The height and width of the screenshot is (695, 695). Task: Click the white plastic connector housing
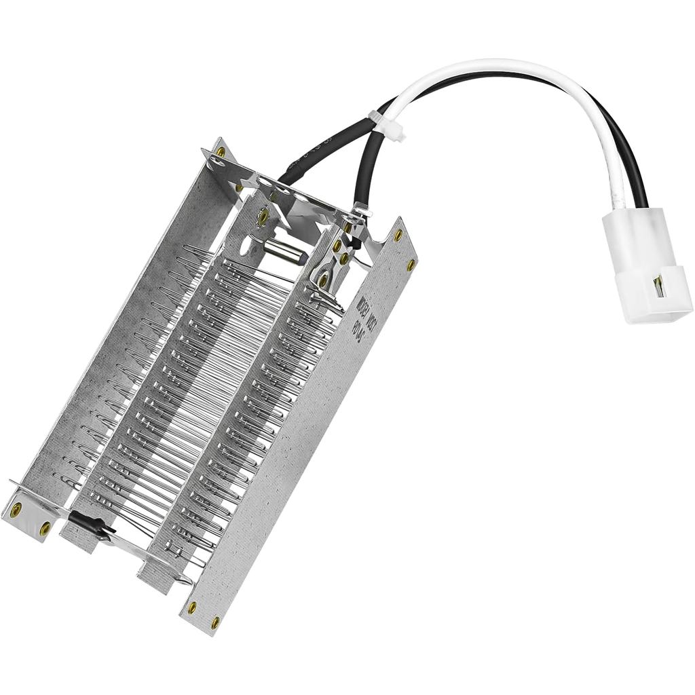coord(645,265)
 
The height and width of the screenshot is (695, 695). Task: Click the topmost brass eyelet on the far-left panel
coord(221,152)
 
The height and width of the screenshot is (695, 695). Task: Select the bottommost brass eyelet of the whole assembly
coord(215,620)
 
